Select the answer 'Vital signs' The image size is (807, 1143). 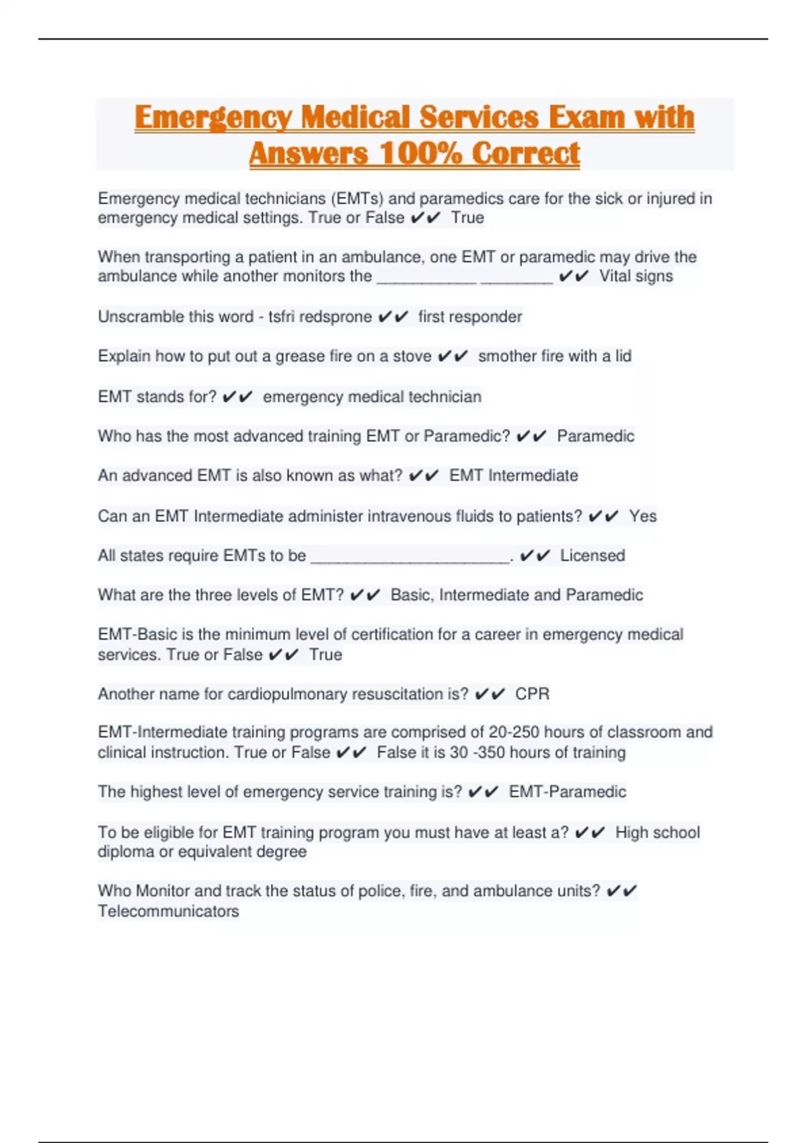pyautogui.click(x=636, y=276)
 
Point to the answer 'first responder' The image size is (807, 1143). pyautogui.click(x=469, y=317)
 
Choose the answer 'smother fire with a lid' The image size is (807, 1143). pyautogui.click(x=554, y=356)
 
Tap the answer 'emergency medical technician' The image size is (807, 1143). pyautogui.click(x=372, y=397)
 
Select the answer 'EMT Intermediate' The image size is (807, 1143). pyautogui.click(x=513, y=476)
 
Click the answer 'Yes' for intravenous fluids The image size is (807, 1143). pyautogui.click(x=642, y=516)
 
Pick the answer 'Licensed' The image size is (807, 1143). pyautogui.click(x=592, y=555)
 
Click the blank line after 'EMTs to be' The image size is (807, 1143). pyautogui.click(x=410, y=558)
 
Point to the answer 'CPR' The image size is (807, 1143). pyautogui.click(x=532, y=694)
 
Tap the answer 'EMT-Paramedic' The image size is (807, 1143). pyautogui.click(x=567, y=792)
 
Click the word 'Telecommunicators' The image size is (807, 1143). pyautogui.click(x=168, y=912)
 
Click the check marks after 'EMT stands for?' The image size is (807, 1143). pyautogui.click(x=237, y=397)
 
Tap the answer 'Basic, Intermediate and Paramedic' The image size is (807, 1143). pyautogui.click(x=516, y=595)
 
